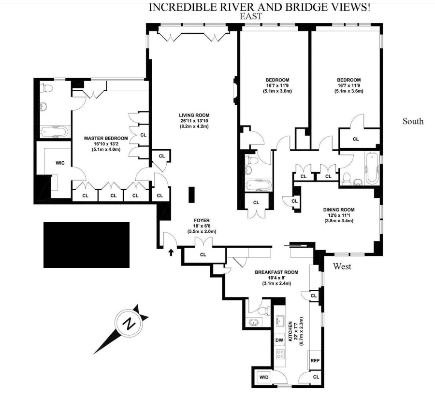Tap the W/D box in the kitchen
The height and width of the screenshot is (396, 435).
tap(263, 377)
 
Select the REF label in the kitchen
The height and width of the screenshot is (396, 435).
tap(315, 360)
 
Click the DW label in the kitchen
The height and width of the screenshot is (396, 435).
tap(279, 340)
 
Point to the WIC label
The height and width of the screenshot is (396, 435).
tap(60, 163)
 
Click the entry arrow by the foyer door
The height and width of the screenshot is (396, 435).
tap(171, 251)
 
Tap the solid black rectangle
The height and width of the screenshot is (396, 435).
tap(87, 245)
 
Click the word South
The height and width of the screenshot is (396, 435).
tap(413, 121)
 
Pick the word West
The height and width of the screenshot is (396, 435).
tap(342, 267)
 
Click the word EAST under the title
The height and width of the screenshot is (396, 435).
tap(251, 16)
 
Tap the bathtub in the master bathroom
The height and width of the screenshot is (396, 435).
tap(54, 130)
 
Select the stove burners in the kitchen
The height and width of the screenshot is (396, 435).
tap(279, 355)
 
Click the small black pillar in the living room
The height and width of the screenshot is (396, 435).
tap(191, 195)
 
